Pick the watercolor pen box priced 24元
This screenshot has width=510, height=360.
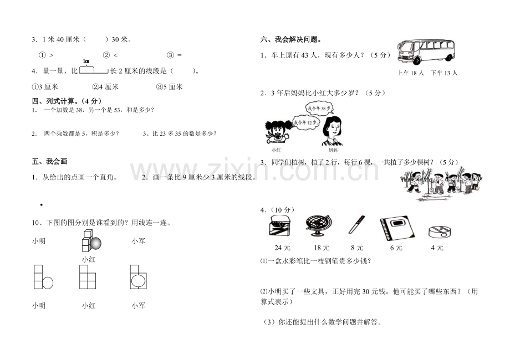280,227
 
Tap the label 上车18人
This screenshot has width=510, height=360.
411,73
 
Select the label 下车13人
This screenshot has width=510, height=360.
444,73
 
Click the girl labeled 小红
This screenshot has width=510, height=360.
276,133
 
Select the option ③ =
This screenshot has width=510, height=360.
174,55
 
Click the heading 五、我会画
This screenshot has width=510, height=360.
50,161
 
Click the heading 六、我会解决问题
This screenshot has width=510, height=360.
291,39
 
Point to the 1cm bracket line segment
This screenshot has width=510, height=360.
94,70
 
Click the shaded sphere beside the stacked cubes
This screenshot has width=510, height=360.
95,242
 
